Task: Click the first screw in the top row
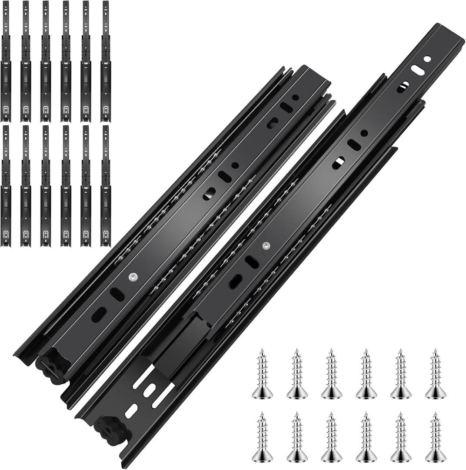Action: (262, 374)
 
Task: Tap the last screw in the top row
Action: (435, 374)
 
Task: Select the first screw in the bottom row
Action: (262, 437)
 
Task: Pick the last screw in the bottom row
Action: (435, 437)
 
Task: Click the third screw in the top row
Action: (332, 374)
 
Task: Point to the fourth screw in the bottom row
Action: (366, 437)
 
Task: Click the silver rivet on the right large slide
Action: (266, 245)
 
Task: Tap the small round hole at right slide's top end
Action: (427, 59)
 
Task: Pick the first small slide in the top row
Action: (6, 61)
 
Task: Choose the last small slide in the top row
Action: (106, 61)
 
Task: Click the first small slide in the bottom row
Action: (6, 186)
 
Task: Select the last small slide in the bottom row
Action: (106, 186)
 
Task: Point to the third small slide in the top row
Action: (46, 61)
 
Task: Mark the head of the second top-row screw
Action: (297, 393)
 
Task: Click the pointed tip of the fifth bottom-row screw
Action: (401, 414)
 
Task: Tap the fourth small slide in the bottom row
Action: (66, 186)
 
